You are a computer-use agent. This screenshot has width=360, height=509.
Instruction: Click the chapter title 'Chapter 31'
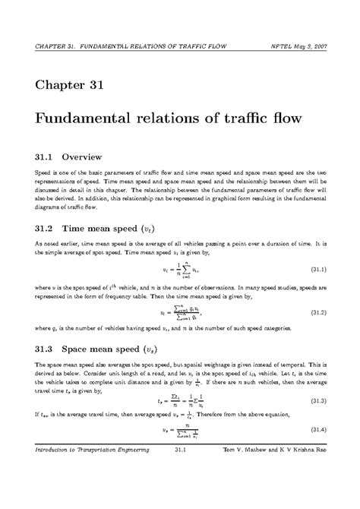pyautogui.click(x=70, y=83)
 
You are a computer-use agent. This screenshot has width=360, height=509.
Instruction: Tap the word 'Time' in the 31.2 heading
pyautogui.click(x=78, y=229)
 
